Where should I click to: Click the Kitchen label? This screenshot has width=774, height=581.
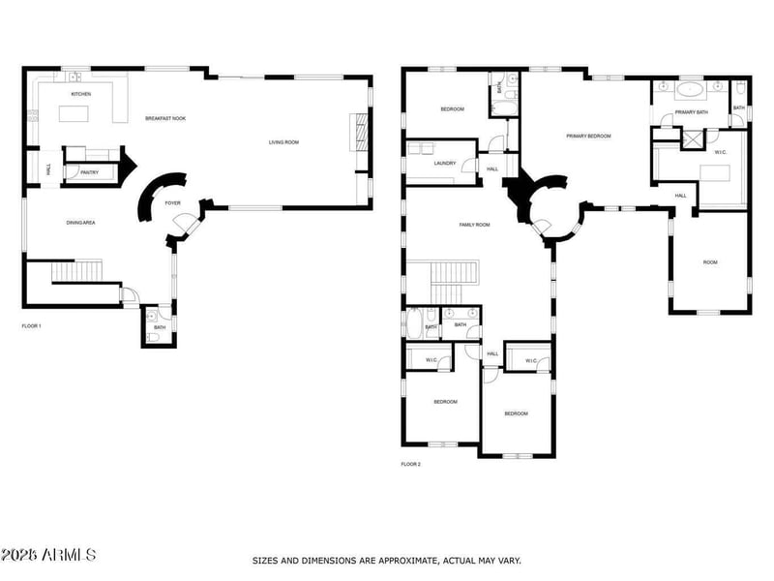[x=81, y=94]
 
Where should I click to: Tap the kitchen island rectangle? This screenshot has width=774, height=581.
[x=81, y=114]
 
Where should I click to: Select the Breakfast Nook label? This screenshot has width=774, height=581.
[x=165, y=118]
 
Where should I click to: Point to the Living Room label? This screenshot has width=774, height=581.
[x=283, y=142]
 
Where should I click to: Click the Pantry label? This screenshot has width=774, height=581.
[x=89, y=172]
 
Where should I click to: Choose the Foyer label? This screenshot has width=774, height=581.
[x=173, y=203]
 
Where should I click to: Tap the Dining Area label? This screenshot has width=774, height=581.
[x=80, y=223]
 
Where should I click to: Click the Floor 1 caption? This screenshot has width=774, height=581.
[x=31, y=326]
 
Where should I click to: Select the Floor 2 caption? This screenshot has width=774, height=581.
[x=411, y=464]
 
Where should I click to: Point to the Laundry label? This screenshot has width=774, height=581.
[x=445, y=163]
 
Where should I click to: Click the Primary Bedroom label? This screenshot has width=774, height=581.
[x=588, y=136]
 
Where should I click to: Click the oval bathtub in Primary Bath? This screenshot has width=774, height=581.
[x=690, y=91]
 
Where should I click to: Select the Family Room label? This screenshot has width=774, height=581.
[x=474, y=225]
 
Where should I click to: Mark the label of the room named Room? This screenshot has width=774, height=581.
[x=710, y=262]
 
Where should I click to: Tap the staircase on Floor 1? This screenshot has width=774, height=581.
[x=76, y=270]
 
